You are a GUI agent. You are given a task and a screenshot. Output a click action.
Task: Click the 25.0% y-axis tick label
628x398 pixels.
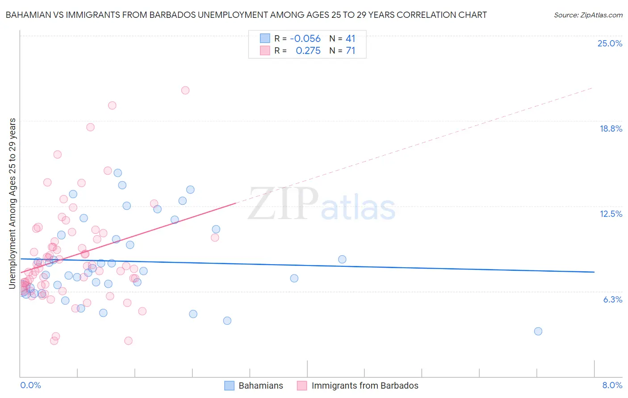pos(610,43)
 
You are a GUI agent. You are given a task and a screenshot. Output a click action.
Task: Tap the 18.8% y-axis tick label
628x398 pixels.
pos(611,129)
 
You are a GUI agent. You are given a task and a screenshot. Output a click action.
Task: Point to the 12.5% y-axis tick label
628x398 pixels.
pos(611,214)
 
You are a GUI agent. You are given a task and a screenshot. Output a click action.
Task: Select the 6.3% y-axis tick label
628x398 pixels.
pos(612,299)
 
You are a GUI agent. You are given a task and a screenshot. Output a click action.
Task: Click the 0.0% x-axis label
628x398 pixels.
pos(30,385)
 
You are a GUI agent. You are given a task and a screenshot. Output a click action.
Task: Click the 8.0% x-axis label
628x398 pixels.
pos(612,385)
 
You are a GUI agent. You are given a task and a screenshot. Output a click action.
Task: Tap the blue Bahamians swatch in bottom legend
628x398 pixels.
pos(229,386)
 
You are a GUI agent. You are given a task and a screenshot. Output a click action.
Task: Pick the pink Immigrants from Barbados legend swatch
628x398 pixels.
pos(302,386)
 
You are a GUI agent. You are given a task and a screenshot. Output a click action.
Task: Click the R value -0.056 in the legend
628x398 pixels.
pos(305,38)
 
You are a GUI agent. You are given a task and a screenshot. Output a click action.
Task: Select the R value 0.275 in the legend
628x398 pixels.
pos(308,51)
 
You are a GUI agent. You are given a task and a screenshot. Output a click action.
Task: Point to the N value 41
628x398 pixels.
pos(350,38)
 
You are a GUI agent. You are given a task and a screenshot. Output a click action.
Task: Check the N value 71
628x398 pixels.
pos(350,51)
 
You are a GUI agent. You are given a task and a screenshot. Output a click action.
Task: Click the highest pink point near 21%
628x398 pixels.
pos(185,90)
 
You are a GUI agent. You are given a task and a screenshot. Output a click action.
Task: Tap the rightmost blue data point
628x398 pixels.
pos(538,331)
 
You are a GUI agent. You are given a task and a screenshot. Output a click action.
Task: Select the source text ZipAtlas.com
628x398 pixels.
pos(588,15)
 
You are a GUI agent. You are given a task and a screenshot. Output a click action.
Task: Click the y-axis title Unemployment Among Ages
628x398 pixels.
pos(13,203)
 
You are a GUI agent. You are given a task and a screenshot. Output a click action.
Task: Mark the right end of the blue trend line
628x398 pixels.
pos(594,272)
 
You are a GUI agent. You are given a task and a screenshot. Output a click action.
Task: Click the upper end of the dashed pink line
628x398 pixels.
pos(593,88)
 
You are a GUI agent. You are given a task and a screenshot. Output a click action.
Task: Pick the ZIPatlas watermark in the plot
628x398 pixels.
pos(322,205)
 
